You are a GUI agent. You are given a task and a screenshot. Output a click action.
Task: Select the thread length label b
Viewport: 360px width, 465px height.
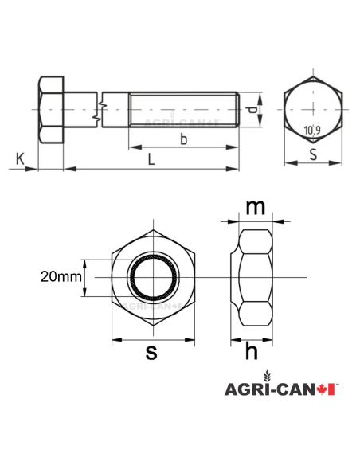point(183,140)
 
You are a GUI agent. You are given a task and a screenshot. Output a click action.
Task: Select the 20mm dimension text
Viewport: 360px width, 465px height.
point(60,277)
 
